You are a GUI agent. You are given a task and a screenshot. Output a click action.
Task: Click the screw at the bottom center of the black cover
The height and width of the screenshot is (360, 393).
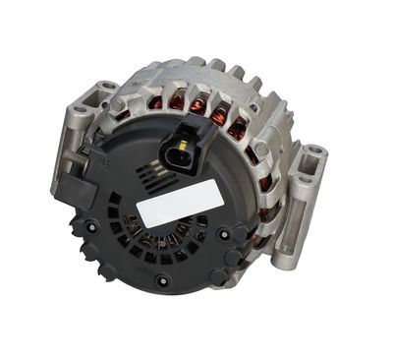coord(162,279)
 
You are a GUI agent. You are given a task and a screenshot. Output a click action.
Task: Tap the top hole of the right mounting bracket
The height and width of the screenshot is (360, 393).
coord(313,155)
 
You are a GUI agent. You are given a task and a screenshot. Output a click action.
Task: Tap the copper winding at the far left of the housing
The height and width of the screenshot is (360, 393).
coord(154,102)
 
